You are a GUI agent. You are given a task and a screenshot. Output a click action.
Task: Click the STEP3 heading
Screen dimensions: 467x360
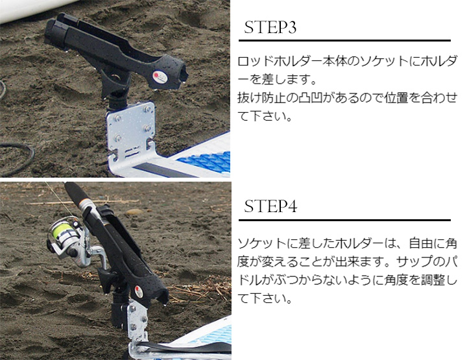click(270, 27)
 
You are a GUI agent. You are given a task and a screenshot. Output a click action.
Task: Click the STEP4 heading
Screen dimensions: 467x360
click(270, 206)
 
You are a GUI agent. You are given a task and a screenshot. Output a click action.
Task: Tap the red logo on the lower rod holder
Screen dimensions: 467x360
click(138, 289)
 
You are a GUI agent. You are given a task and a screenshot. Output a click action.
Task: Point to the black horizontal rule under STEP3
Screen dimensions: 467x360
click(344, 40)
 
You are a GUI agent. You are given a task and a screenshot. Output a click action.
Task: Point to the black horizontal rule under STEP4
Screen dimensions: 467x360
click(344, 220)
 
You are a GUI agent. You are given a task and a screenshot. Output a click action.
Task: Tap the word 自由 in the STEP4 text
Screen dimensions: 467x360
click(421, 244)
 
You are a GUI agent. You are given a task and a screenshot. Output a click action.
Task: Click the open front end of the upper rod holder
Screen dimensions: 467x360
click(181, 75)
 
